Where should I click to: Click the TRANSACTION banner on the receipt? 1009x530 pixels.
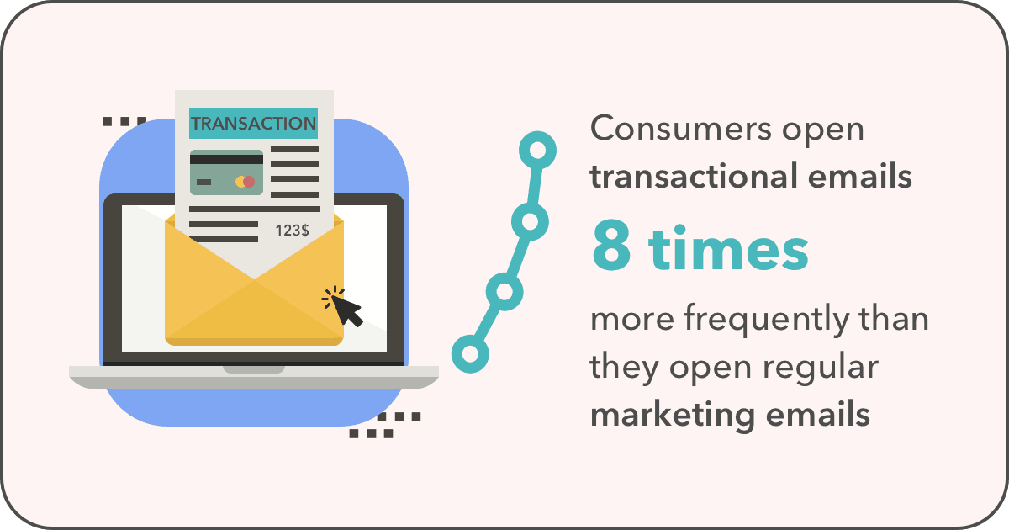tap(254, 123)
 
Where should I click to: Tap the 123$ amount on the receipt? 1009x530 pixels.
tap(292, 231)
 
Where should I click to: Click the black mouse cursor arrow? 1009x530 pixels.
tap(347, 311)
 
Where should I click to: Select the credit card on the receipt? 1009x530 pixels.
tap(226, 172)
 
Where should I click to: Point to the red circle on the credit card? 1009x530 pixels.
tap(249, 182)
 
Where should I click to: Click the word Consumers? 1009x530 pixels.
tap(681, 129)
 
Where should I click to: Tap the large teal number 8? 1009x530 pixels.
tap(611, 247)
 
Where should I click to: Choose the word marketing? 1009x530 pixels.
tap(673, 416)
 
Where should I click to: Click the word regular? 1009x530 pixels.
tap(821, 368)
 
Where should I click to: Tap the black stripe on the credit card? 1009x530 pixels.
tap(226, 159)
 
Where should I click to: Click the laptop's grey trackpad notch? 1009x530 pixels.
tap(254, 369)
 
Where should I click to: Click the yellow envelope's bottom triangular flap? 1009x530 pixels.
tap(254, 312)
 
